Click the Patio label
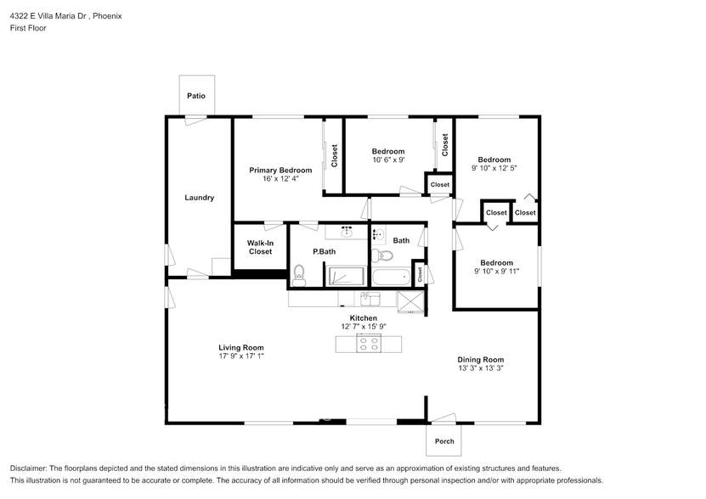(196, 96)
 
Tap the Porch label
(444, 440)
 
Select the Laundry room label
(200, 198)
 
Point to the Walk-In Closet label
(260, 247)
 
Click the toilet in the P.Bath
(298, 273)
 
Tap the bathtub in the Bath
(392, 277)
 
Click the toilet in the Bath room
(383, 255)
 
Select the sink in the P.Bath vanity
(347, 230)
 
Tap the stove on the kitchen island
(369, 344)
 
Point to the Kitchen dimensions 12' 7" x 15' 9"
(364, 327)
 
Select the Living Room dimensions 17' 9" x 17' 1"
(241, 356)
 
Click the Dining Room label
(481, 360)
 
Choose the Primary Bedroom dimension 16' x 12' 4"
(280, 178)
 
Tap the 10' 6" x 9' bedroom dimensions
(388, 160)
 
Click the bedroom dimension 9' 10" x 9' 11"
(495, 271)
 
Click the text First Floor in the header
(28, 28)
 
